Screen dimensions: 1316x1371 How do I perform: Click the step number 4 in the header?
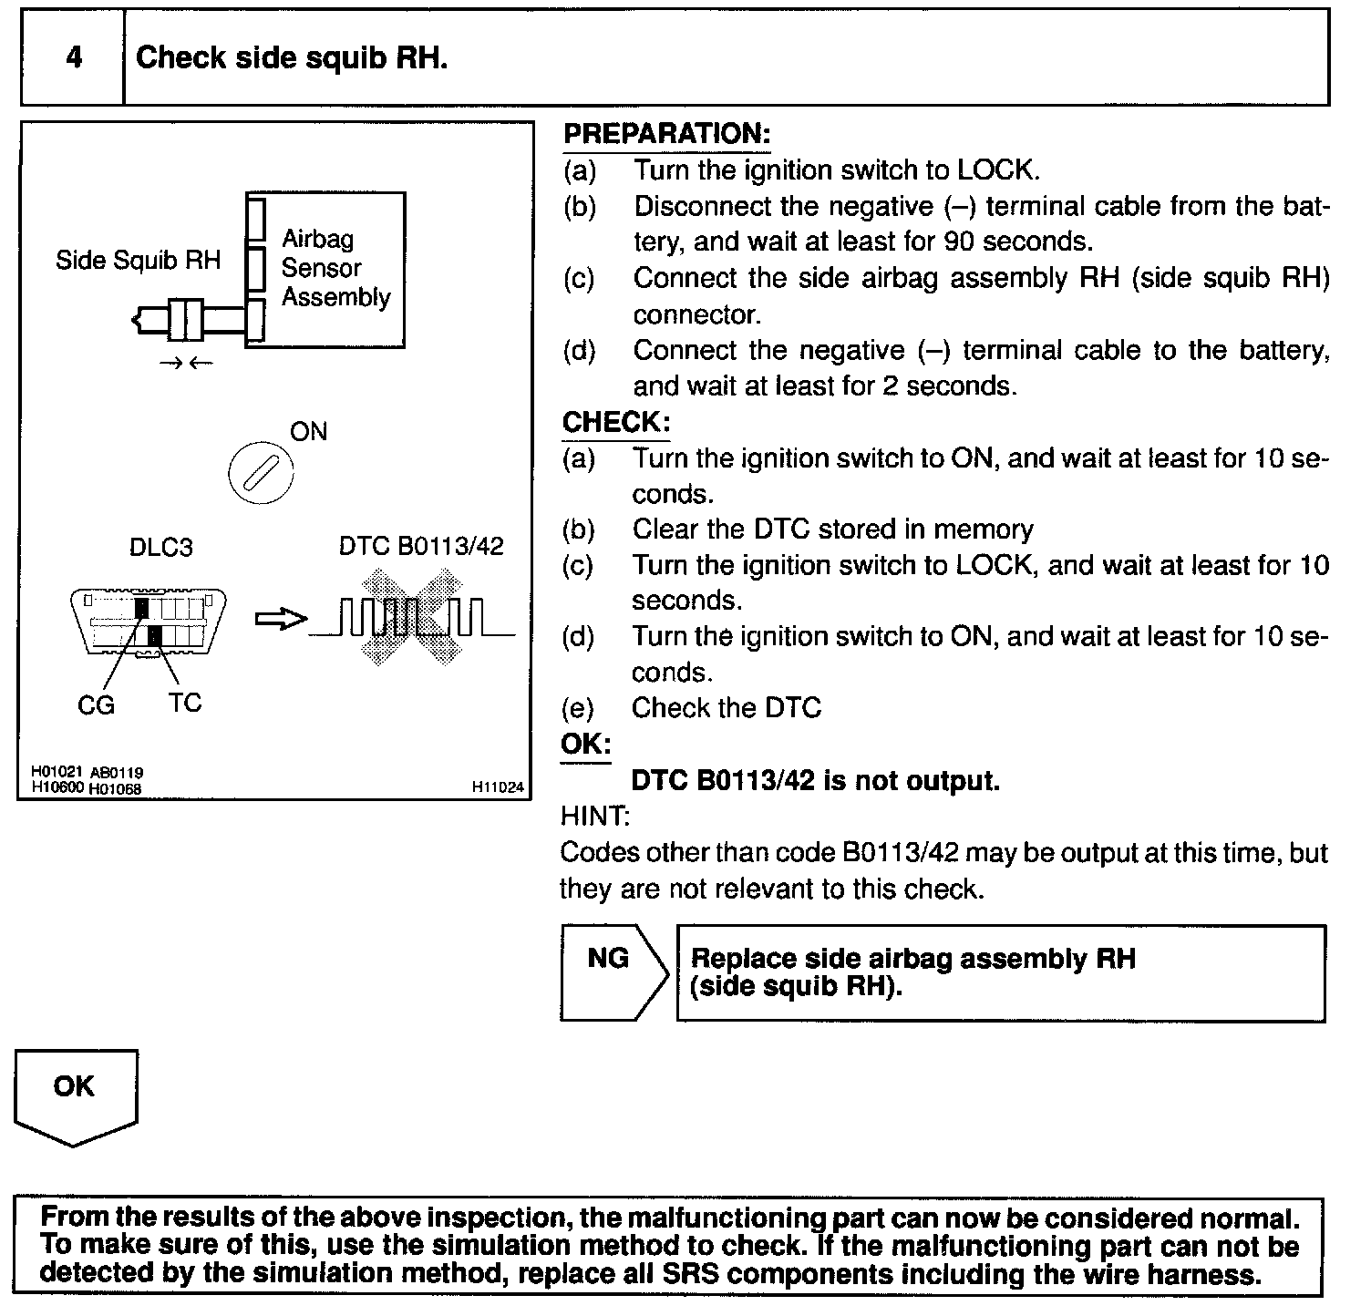(74, 57)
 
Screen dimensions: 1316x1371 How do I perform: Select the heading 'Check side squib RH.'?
(291, 58)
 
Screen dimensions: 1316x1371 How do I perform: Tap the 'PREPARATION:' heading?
(666, 134)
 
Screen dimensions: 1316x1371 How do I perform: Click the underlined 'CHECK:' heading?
(616, 423)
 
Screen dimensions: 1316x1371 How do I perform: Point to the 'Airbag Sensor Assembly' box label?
(335, 268)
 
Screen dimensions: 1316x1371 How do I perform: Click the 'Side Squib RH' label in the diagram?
(138, 261)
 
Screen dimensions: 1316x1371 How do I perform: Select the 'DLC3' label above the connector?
(160, 548)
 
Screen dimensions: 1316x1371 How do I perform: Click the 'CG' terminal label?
(96, 704)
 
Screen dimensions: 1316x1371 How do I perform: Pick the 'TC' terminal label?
(184, 703)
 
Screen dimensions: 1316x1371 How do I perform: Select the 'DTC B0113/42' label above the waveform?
(421, 546)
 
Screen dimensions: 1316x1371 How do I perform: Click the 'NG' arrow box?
(610, 972)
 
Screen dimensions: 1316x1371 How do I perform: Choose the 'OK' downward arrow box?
(75, 1094)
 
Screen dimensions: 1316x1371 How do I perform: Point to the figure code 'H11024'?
(498, 787)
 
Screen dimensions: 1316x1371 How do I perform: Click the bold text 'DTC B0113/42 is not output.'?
(815, 781)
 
